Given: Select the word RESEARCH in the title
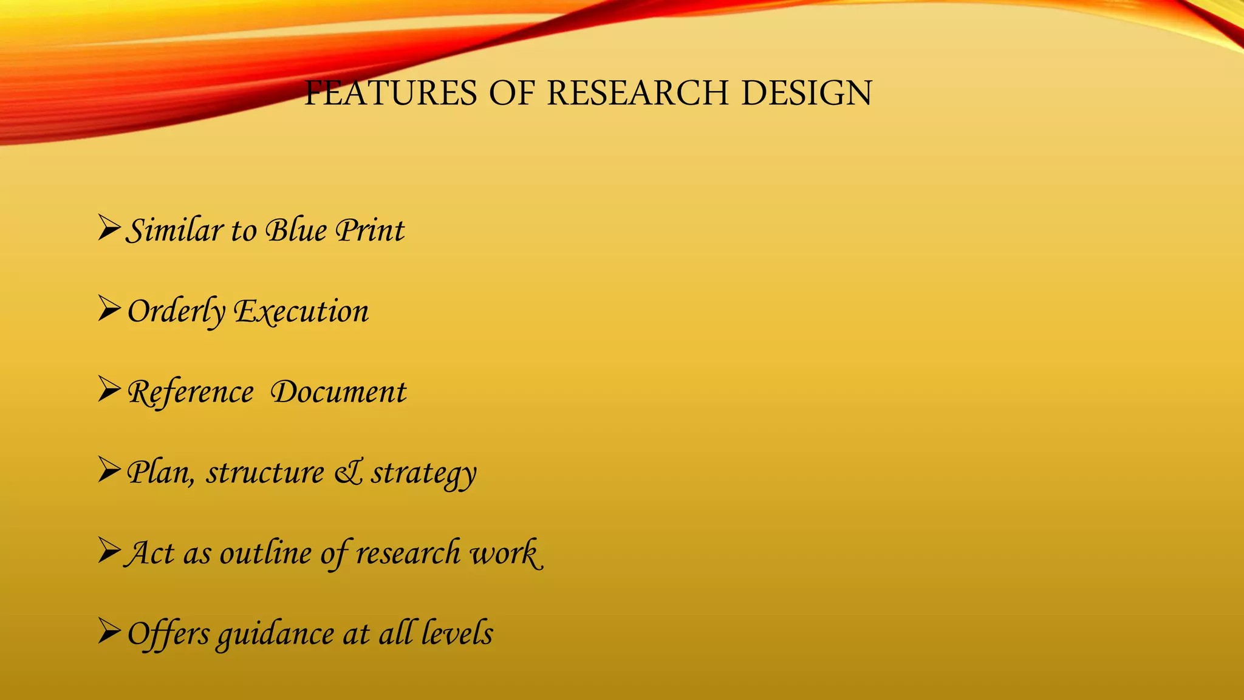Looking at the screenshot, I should (x=637, y=94).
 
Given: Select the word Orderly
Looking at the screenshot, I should (x=176, y=312).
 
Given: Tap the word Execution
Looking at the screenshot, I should (x=302, y=312).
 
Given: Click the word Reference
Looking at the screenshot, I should (x=190, y=393).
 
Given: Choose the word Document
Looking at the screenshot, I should (x=338, y=392).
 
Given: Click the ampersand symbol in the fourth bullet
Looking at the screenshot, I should (x=348, y=473).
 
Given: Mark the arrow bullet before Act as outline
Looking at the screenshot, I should (x=109, y=551).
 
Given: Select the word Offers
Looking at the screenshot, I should (x=168, y=634).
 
